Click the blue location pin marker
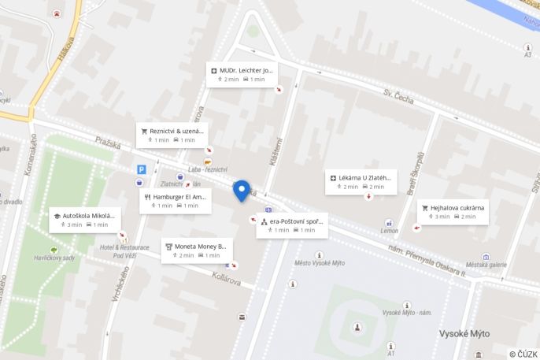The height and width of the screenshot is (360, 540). pyautogui.click(x=242, y=190)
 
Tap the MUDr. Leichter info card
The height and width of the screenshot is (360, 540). pyautogui.click(x=242, y=74)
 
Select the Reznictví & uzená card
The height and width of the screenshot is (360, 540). pyautogui.click(x=172, y=135)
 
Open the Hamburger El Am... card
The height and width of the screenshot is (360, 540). pyautogui.click(x=176, y=200)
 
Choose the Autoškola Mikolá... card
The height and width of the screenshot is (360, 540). pyautogui.click(x=85, y=219)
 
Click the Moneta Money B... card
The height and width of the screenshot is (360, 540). pyautogui.click(x=196, y=250)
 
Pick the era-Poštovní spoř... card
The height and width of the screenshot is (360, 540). pyautogui.click(x=291, y=225)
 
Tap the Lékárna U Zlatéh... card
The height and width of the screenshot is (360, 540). pyautogui.click(x=361, y=182)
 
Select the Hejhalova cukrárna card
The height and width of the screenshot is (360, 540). pyautogui.click(x=453, y=211)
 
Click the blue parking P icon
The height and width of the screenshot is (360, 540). pyautogui.click(x=142, y=169)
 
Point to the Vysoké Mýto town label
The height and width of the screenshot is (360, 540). pyautogui.click(x=464, y=334)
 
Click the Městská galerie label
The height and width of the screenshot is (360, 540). pyautogui.click(x=485, y=265)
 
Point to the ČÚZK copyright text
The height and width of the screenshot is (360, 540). pyautogui.click(x=523, y=354)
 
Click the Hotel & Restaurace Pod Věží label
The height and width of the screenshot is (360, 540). pyautogui.click(x=124, y=251)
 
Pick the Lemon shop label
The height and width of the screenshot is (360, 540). pyautogui.click(x=389, y=231)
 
